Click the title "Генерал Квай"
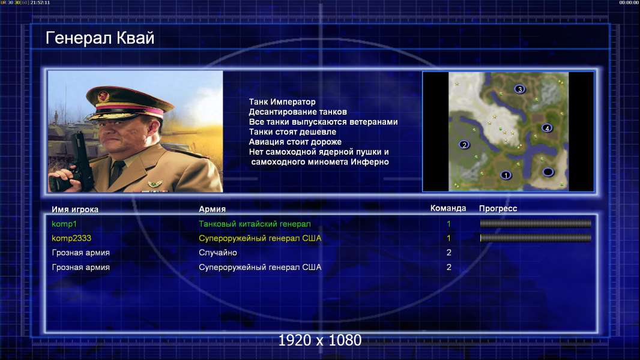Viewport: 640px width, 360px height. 100,38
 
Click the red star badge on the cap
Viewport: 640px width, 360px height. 103,96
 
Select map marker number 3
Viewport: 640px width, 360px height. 519,89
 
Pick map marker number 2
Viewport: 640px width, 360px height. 464,145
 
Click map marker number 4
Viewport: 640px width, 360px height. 547,128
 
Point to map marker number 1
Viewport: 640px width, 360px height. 506,175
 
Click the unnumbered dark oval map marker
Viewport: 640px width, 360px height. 548,172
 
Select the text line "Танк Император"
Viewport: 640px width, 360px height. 282,102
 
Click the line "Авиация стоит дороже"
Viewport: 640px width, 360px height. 295,142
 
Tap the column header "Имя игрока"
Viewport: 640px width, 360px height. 75,209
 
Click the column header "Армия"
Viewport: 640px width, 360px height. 213,209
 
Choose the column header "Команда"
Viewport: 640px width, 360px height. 448,208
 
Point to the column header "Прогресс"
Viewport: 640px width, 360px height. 498,208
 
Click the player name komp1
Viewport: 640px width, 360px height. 64,224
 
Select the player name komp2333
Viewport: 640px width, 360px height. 71,238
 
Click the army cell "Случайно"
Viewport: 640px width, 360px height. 218,253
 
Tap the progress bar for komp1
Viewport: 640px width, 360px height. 536,223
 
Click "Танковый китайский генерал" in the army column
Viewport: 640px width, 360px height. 255,224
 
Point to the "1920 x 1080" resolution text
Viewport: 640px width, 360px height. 320,340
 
